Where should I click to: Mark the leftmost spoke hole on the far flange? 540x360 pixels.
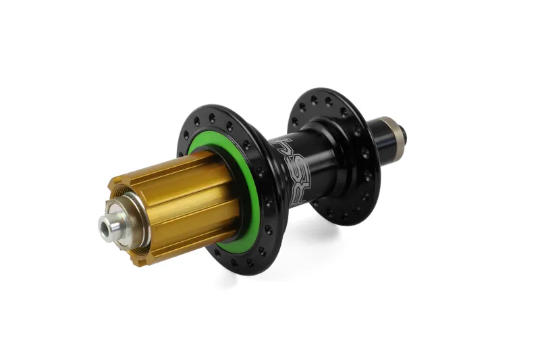[293, 124]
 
